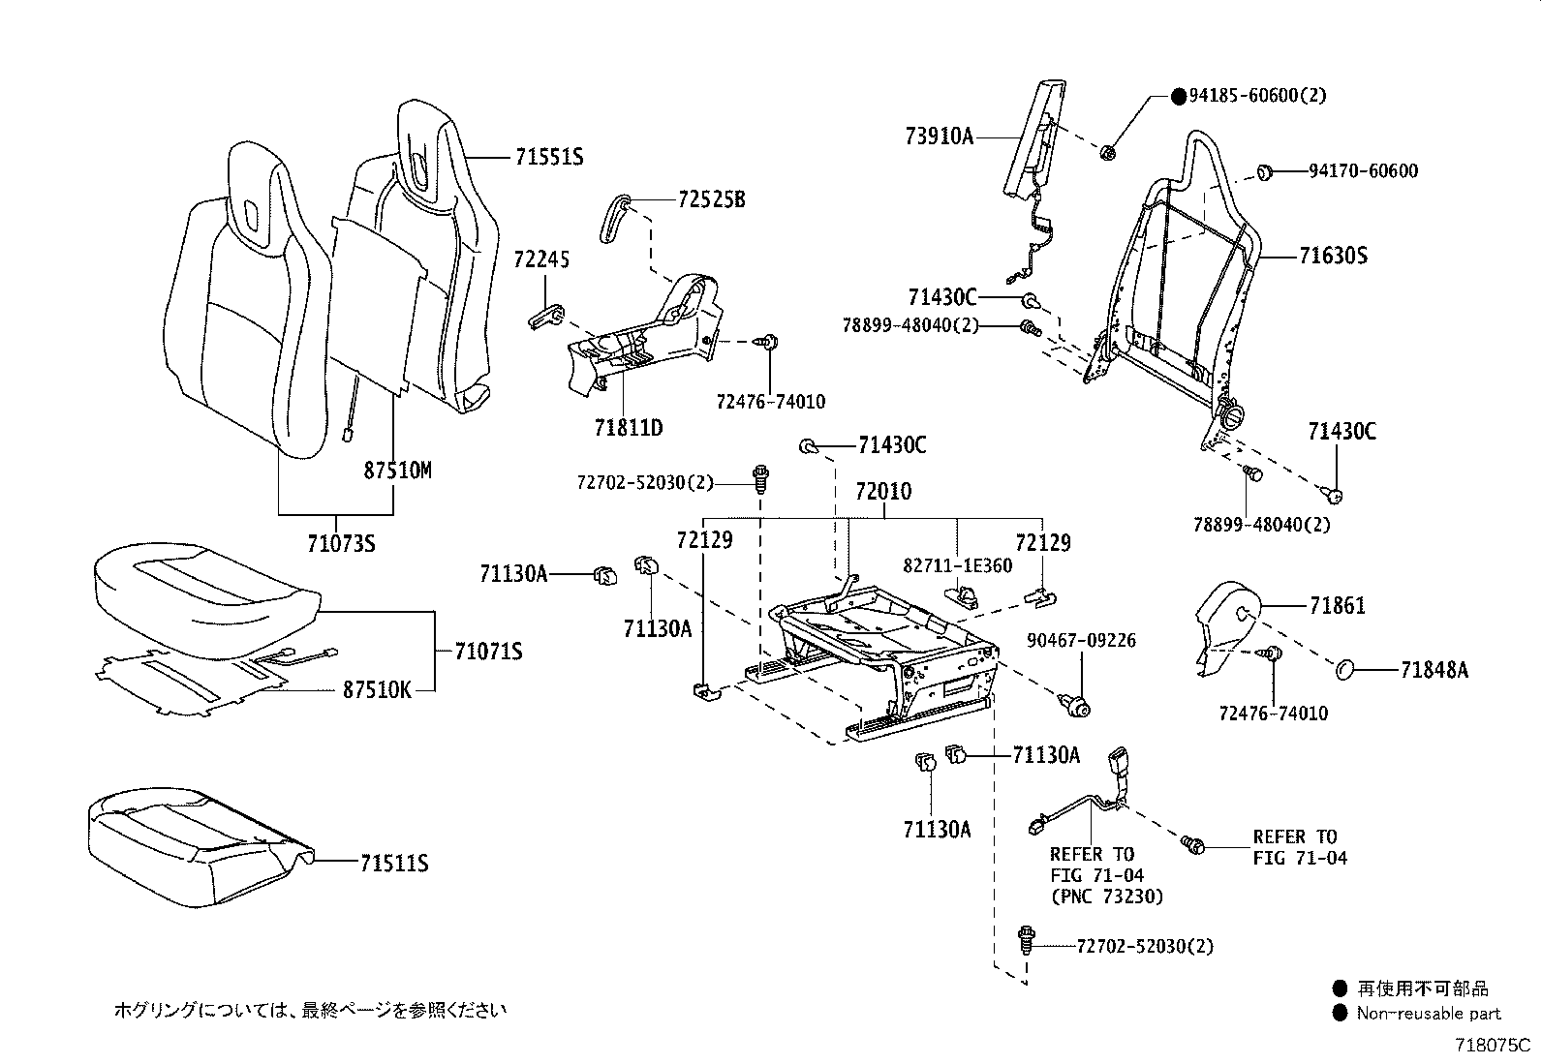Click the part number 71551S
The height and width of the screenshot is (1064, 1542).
(x=549, y=158)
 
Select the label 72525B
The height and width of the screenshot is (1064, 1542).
(x=711, y=199)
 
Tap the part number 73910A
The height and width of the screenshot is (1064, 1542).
(x=940, y=137)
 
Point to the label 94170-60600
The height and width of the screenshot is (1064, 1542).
(x=1363, y=170)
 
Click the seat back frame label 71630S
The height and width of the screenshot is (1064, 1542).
(x=1334, y=256)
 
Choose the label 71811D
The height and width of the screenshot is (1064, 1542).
(x=629, y=428)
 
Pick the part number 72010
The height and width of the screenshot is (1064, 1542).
(x=883, y=492)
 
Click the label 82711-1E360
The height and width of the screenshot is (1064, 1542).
(x=958, y=565)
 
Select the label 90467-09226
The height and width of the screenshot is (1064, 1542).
(x=1082, y=640)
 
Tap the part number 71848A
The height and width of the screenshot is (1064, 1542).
(x=1434, y=670)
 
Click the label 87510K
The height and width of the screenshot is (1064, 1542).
(x=377, y=689)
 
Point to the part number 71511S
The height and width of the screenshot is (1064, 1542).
(x=394, y=863)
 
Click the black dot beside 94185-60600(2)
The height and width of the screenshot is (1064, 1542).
(x=1179, y=97)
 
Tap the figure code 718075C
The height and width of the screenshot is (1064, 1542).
(x=1493, y=1046)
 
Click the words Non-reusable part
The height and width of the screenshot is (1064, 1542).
(x=1429, y=1013)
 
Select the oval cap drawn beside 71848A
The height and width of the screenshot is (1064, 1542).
(x=1344, y=669)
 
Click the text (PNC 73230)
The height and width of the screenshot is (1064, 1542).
(x=1107, y=897)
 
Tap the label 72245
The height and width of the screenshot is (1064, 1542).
(x=541, y=259)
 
